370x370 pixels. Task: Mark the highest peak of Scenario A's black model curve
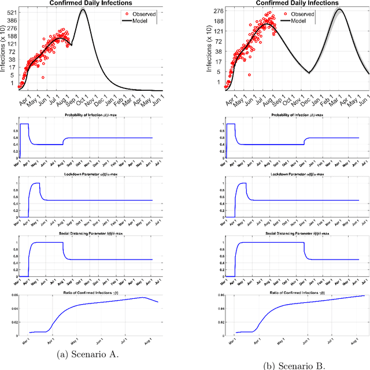(x=83, y=10)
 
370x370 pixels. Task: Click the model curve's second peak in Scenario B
(x=339, y=9)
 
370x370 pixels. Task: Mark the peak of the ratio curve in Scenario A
(x=142, y=298)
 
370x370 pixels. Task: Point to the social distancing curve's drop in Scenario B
(x=305, y=251)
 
